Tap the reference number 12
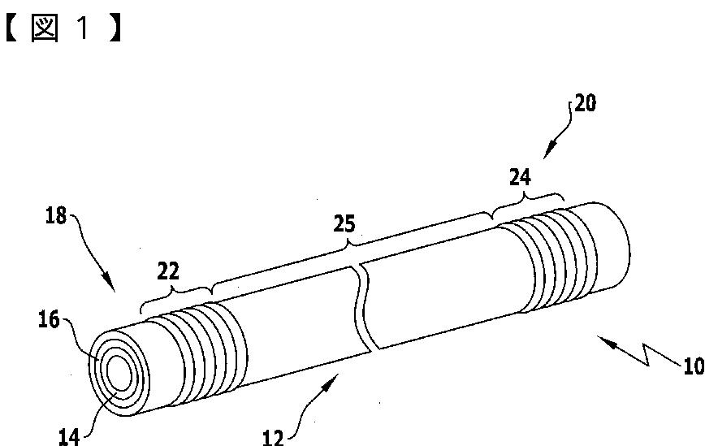pos(274,437)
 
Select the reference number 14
pos(69,436)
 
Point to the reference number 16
pos(49,319)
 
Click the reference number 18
pos(56,216)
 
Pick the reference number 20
pos(586,103)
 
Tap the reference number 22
pos(168,271)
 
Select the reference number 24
pos(520,177)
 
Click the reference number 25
pos(344,223)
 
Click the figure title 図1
pos(63,28)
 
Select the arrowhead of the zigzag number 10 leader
pos(605,341)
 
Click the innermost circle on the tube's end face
pos(119,373)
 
